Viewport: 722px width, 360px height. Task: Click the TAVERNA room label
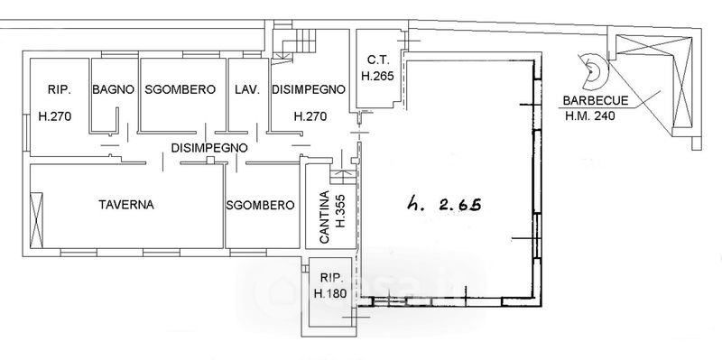[126, 205]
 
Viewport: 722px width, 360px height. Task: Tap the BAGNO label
[114, 89]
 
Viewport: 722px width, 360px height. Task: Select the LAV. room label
[247, 89]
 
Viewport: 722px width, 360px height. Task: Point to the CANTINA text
[324, 217]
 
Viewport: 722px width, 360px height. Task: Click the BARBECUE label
[589, 101]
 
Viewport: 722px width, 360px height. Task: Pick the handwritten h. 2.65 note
[444, 203]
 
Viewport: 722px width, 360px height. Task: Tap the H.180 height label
[329, 293]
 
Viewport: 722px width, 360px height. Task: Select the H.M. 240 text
[590, 116]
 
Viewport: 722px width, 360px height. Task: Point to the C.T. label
[377, 60]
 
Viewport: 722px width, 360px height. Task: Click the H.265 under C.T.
[377, 76]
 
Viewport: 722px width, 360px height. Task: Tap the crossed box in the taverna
[36, 220]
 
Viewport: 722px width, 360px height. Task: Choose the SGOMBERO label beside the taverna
[260, 206]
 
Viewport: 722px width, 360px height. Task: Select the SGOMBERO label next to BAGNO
[180, 89]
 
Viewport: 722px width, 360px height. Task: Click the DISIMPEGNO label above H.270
[309, 89]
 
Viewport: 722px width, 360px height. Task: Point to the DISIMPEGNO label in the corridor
[209, 148]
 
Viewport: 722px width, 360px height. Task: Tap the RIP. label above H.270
[60, 89]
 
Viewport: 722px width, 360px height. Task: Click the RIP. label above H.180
[331, 278]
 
